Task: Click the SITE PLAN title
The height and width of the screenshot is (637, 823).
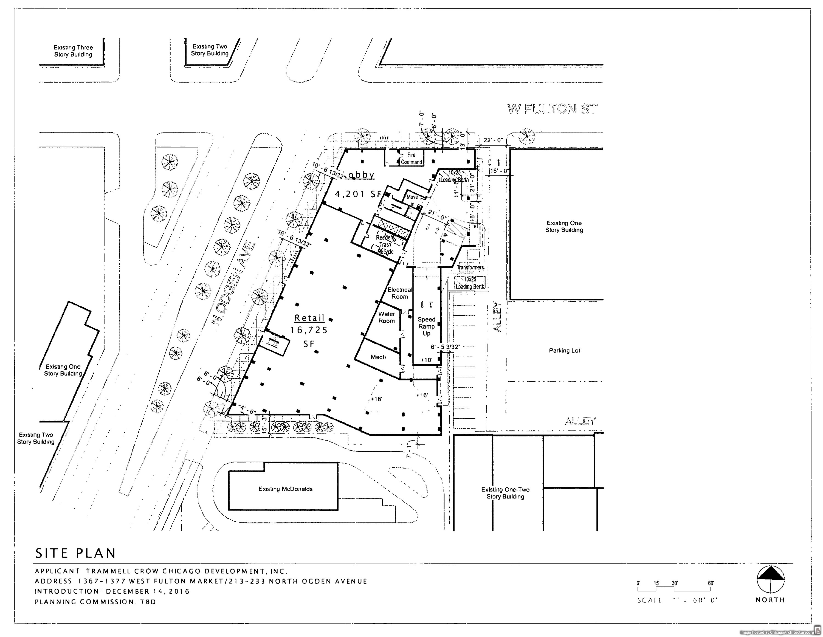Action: [75, 553]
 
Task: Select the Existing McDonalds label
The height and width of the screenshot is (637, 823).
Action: [285, 489]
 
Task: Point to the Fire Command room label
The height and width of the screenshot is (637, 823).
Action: [411, 158]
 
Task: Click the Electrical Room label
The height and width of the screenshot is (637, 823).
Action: [399, 293]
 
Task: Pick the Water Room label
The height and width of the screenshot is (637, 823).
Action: [386, 317]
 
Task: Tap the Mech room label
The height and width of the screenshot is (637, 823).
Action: [378, 357]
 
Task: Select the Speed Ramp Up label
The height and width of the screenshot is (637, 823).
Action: [426, 326]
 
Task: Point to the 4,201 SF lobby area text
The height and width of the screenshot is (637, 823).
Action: [358, 194]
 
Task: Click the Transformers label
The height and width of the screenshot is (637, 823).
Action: [470, 267]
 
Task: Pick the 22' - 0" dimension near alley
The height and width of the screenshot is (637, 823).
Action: [493, 140]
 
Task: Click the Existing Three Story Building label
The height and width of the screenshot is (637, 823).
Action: [73, 51]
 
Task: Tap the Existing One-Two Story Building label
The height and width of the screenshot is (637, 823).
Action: [505, 493]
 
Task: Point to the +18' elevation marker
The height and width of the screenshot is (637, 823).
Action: [376, 399]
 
